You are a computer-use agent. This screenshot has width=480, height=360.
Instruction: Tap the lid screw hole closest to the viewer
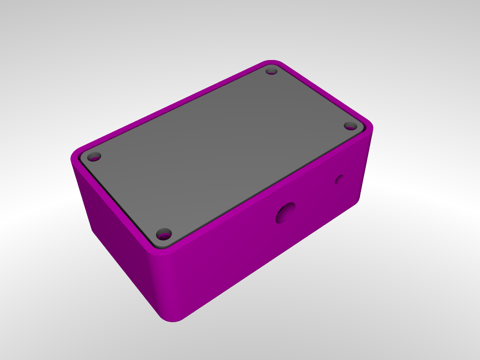164,233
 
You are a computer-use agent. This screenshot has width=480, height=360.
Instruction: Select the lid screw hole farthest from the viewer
271,71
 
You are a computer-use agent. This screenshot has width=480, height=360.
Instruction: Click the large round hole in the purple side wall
285,213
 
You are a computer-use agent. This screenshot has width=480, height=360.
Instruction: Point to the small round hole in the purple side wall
339,179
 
